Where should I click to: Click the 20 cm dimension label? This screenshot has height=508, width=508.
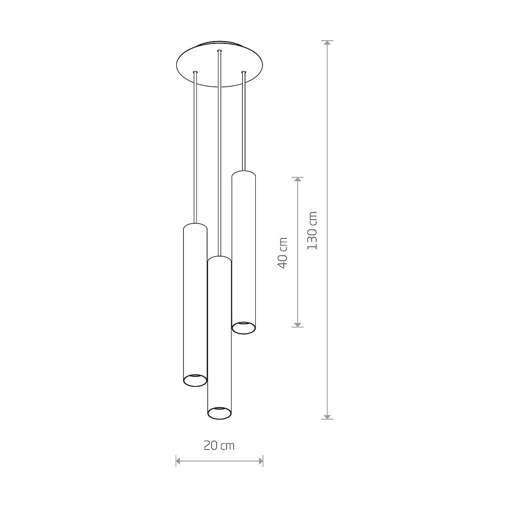pyautogui.click(x=219, y=446)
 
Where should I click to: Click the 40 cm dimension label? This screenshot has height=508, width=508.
pyautogui.click(x=282, y=253)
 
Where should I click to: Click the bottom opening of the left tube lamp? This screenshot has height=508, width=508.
pyautogui.click(x=195, y=380)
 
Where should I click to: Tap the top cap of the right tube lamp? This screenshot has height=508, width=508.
pyautogui.click(x=243, y=174)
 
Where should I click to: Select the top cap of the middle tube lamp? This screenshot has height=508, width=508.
pyautogui.click(x=219, y=259)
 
